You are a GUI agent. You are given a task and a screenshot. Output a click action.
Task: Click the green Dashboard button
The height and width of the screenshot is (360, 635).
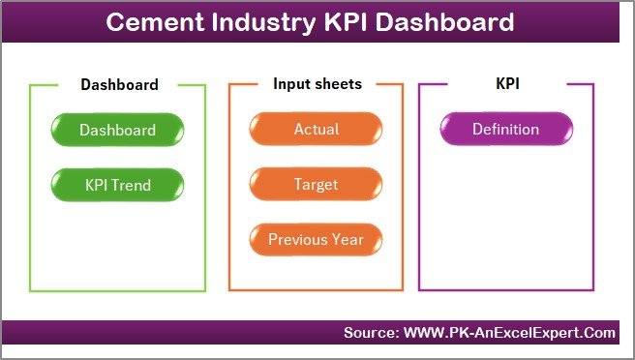click(x=117, y=130)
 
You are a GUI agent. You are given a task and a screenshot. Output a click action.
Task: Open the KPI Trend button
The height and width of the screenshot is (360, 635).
click(x=117, y=184)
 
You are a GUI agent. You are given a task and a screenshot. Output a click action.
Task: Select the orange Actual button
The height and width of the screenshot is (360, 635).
click(x=316, y=130)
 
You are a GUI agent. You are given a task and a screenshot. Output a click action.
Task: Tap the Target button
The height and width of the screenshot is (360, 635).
click(x=316, y=184)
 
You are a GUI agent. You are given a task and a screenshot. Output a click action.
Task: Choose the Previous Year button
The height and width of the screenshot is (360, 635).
click(x=316, y=239)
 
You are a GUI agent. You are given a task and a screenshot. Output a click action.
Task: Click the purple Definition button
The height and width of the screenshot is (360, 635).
click(x=505, y=130)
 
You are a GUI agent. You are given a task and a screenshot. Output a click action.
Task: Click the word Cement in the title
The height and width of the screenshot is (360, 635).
click(x=151, y=22)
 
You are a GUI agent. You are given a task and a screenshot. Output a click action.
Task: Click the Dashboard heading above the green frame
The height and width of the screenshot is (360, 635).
click(x=119, y=84)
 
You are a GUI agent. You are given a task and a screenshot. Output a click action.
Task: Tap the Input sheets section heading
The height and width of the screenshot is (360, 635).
click(x=317, y=84)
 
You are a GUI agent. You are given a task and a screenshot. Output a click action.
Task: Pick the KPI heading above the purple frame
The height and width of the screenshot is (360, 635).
click(x=506, y=84)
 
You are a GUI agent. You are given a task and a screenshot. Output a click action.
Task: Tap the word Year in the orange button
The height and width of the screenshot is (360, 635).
click(x=347, y=239)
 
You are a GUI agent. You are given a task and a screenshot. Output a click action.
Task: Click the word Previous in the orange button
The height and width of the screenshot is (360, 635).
click(x=298, y=239)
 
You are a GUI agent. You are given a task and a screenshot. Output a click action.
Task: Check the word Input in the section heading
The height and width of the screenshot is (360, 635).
click(x=290, y=84)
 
